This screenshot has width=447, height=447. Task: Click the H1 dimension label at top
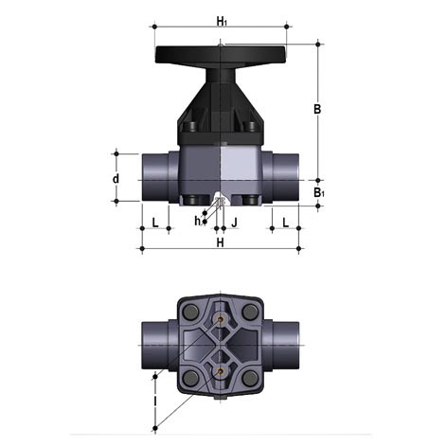(222, 22)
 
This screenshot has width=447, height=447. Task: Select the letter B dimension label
(317, 109)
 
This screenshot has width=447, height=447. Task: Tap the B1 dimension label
(319, 192)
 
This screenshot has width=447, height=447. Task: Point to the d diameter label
(116, 178)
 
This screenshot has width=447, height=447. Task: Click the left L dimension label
(155, 223)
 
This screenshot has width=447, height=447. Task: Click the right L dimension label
(285, 223)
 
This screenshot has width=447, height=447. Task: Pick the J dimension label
(234, 223)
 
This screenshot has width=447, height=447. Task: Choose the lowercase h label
(197, 221)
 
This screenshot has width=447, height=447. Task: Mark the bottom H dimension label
(220, 242)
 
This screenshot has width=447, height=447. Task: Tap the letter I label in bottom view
(154, 401)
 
